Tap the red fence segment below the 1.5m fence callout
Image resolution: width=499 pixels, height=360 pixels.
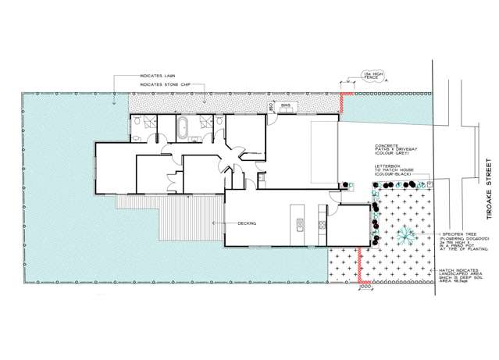[x=345, y=101]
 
